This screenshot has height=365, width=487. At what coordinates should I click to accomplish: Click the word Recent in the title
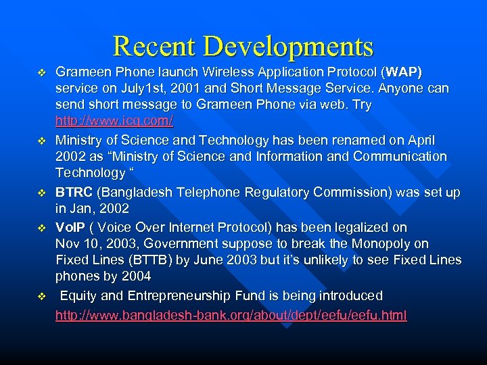point(154,46)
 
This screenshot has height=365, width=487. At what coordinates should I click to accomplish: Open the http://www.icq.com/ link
point(114,122)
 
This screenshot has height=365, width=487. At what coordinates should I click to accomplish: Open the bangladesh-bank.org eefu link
point(231,316)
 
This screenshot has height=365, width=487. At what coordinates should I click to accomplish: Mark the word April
point(420,140)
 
